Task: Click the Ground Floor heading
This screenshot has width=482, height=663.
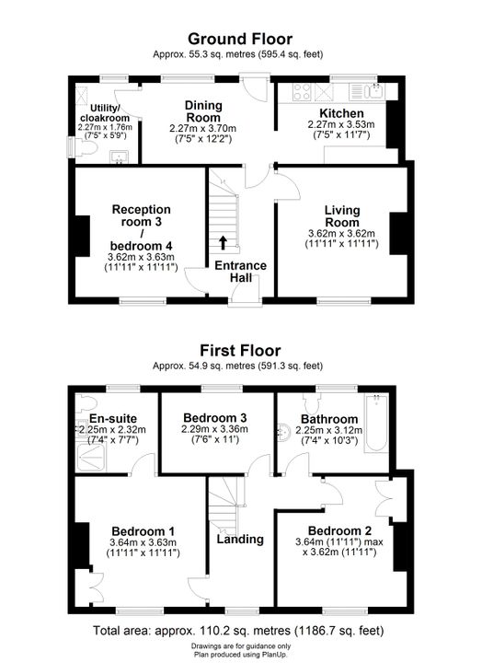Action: pyautogui.click(x=240, y=39)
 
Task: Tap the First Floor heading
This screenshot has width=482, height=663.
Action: pyautogui.click(x=240, y=351)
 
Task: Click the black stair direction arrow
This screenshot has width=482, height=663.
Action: pyautogui.click(x=223, y=242)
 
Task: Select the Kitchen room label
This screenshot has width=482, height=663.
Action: pyautogui.click(x=341, y=113)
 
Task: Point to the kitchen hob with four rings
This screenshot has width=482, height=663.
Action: pyautogui.click(x=302, y=92)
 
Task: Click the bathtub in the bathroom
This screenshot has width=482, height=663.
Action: pyautogui.click(x=376, y=424)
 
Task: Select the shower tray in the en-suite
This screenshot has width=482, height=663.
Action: pyautogui.click(x=92, y=457)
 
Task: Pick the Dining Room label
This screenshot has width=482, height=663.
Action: pyautogui.click(x=203, y=111)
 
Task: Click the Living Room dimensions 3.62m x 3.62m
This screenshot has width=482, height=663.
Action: pyautogui.click(x=341, y=233)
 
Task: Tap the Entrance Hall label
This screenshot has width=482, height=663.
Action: pyautogui.click(x=241, y=272)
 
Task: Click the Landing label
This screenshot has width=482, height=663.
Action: pyautogui.click(x=240, y=539)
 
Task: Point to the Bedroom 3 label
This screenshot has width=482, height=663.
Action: pyautogui.click(x=215, y=418)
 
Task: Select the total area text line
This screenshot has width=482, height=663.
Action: pyautogui.click(x=238, y=631)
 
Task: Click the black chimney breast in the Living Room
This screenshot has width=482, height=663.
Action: pyautogui.click(x=398, y=233)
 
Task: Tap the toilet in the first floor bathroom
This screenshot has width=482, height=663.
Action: pyautogui.click(x=312, y=403)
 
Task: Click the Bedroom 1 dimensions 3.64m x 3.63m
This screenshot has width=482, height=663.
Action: pyautogui.click(x=143, y=542)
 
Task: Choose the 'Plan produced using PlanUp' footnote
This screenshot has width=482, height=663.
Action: pyautogui.click(x=240, y=654)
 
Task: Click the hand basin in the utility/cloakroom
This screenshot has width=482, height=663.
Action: pyautogui.click(x=120, y=157)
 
